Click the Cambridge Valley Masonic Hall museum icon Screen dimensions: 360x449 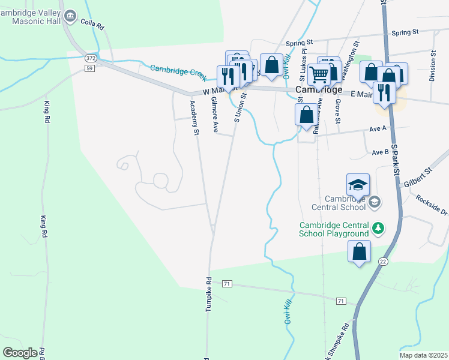click(x=70, y=15)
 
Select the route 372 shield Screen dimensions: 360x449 click(x=90, y=58)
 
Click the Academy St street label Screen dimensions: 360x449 click(x=194, y=118)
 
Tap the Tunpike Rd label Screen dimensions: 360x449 click(x=209, y=294)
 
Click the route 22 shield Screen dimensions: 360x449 click(x=382, y=261)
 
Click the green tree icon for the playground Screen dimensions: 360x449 click(x=378, y=228)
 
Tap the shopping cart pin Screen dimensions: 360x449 click(x=319, y=74)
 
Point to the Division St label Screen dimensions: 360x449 click(x=432, y=62)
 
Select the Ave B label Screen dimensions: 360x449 click(x=380, y=152)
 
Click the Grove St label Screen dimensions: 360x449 click(x=338, y=113)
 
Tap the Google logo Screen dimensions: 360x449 click(x=20, y=353)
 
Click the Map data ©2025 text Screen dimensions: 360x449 click(x=423, y=355)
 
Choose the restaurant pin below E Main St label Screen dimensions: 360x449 click(x=384, y=92)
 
